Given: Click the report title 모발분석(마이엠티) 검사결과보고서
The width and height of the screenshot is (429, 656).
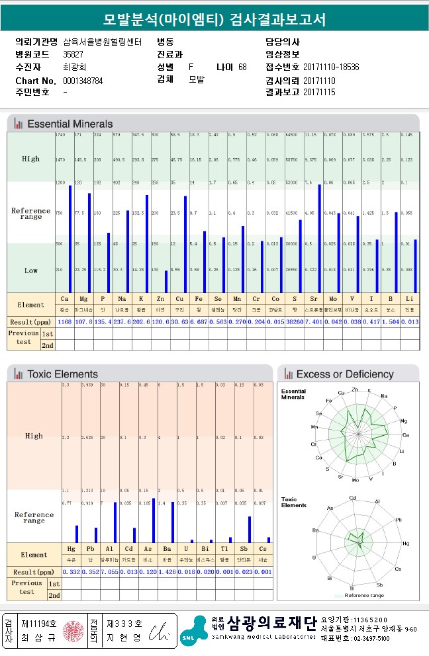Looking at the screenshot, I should (215, 19).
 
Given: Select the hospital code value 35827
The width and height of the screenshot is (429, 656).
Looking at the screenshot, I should (73, 54).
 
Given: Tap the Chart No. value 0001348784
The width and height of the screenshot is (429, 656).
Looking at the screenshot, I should (83, 81).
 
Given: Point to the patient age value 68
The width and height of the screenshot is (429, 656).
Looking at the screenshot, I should (242, 67).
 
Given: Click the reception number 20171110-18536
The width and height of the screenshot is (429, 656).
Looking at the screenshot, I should (331, 67).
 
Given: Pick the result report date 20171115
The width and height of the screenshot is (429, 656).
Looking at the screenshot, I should (319, 93).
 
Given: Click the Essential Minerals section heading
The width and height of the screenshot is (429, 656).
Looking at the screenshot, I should (70, 124).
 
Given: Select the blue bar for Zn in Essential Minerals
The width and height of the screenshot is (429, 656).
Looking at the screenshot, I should (166, 282).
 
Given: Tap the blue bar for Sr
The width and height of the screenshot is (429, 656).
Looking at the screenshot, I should (319, 238).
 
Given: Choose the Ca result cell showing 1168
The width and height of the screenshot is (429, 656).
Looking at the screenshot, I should (65, 322).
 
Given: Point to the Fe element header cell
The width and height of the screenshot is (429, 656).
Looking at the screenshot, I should (194, 299).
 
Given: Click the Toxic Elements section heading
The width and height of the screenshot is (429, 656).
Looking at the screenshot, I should (62, 374).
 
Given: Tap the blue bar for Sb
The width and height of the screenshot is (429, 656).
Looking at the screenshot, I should (250, 529).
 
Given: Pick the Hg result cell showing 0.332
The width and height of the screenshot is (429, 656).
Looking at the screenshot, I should (71, 571).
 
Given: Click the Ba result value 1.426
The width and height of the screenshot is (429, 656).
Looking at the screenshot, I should (168, 571).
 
